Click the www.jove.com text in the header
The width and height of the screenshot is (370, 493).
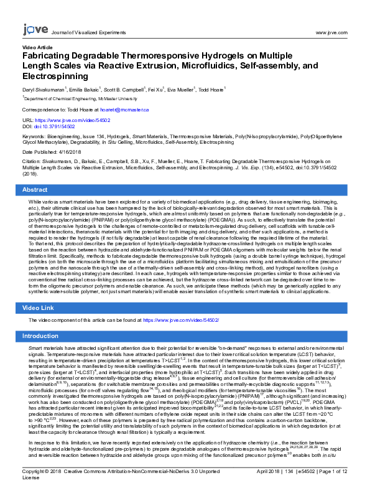(x=331, y=32)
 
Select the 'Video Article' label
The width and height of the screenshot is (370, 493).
(x=37, y=47)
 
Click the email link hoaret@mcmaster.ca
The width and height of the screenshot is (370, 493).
(x=127, y=109)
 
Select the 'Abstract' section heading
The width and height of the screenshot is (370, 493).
(x=35, y=189)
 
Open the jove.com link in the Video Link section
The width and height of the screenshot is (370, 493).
(x=180, y=319)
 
